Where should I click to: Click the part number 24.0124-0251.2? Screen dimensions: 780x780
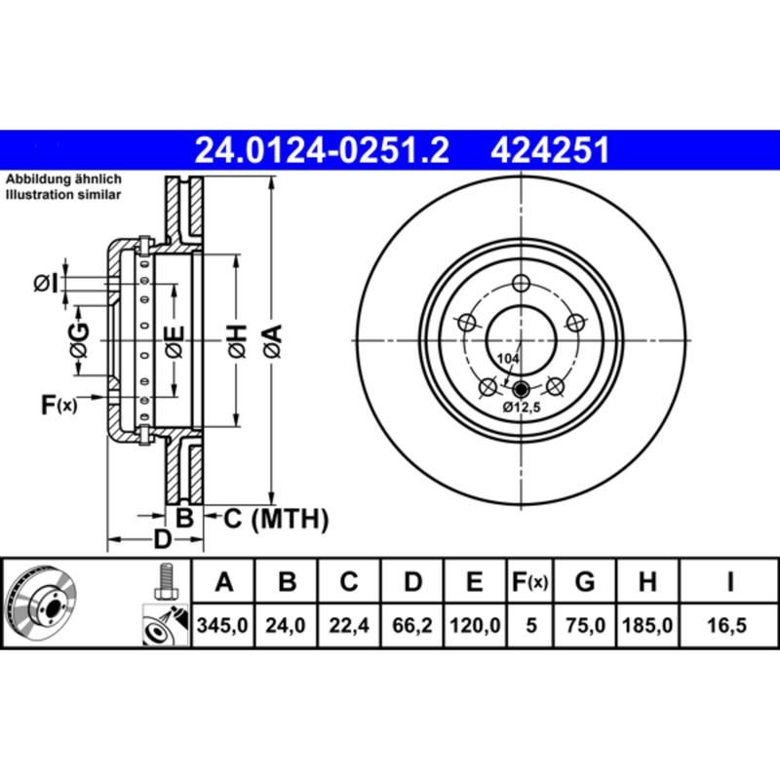coord(322,151)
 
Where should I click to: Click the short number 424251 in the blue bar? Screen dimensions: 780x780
coord(551,151)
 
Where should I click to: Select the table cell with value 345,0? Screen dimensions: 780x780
coord(225,627)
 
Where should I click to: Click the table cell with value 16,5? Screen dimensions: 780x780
coord(729,627)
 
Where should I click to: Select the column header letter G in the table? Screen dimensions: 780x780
coord(584,583)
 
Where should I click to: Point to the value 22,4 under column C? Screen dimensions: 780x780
coord(348,627)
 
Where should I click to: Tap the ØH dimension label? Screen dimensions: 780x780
coord(236,341)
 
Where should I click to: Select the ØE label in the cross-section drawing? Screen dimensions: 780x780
coord(174,342)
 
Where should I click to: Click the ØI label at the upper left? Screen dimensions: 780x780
coord(46,284)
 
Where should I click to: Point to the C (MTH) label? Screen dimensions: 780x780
coord(276,519)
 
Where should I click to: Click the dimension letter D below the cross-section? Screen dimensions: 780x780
coord(164,539)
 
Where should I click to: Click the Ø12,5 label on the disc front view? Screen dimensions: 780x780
coord(521,407)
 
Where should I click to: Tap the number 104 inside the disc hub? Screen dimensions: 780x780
coord(507,360)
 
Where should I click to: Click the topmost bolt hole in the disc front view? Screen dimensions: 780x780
coord(521,284)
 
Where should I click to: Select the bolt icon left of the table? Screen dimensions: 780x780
coord(163,583)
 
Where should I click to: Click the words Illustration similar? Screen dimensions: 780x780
coord(64,195)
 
